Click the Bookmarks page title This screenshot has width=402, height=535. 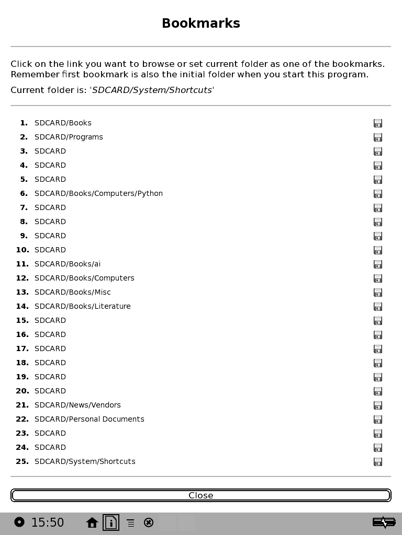click(x=201, y=24)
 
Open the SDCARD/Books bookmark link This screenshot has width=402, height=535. click(x=63, y=123)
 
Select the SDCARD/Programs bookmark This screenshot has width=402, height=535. click(x=69, y=137)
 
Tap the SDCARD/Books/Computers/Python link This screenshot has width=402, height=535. click(x=98, y=193)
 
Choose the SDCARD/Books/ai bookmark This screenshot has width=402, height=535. click(x=68, y=264)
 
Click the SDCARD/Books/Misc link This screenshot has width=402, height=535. click(x=73, y=292)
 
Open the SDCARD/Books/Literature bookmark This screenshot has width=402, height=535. click(x=83, y=306)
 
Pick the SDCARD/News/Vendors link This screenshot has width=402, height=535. click(x=77, y=405)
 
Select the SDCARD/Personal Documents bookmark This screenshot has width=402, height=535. click(x=90, y=419)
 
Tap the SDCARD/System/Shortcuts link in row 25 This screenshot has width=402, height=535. click(x=85, y=461)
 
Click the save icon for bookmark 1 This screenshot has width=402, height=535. click(x=378, y=123)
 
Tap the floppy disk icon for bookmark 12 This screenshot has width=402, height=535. click(x=378, y=278)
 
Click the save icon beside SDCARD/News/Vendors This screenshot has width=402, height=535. click(x=378, y=405)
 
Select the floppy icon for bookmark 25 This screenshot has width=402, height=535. click(x=378, y=462)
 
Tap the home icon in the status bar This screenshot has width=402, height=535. click(x=92, y=522)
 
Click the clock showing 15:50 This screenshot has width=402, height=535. click(x=48, y=522)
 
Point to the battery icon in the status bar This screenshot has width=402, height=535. click(x=384, y=522)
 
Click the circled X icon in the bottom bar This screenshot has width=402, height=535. click(x=149, y=522)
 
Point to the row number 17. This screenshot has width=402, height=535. click(x=23, y=348)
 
